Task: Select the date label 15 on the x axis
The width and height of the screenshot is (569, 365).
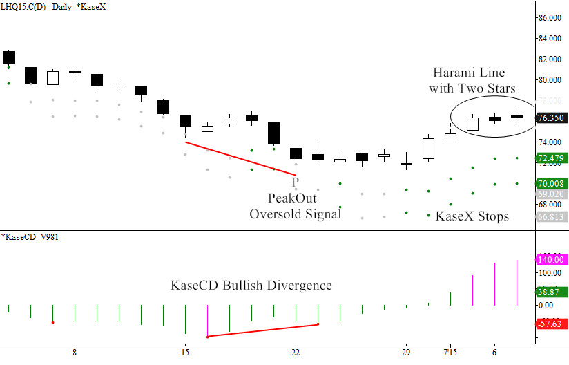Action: [185, 352]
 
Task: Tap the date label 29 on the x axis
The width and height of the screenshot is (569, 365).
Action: [407, 352]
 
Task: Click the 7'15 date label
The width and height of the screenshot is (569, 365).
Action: [450, 352]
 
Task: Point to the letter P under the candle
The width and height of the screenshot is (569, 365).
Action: [296, 182]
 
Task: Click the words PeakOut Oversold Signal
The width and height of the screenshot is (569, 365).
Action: [295, 206]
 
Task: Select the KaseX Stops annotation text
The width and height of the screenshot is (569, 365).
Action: [472, 216]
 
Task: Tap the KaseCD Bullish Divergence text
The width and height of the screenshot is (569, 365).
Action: [251, 285]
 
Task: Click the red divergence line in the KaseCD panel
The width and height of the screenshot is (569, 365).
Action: [262, 330]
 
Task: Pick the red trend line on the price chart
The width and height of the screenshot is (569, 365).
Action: [240, 158]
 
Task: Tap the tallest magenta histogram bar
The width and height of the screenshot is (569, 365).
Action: [517, 282]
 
